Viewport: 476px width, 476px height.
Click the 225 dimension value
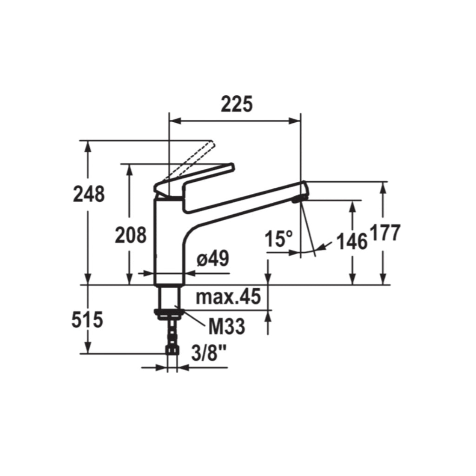(236, 105)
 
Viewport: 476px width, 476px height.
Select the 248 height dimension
(89, 194)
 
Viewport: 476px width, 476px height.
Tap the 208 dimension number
(131, 235)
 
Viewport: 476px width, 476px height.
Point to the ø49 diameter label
(212, 259)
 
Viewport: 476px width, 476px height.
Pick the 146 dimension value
(351, 241)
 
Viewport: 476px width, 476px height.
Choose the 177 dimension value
(385, 232)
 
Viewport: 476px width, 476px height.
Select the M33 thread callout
(226, 327)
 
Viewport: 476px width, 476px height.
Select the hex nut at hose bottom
(172, 349)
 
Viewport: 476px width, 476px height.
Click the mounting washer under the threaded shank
(169, 313)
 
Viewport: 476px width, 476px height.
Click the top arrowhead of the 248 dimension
(87, 146)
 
